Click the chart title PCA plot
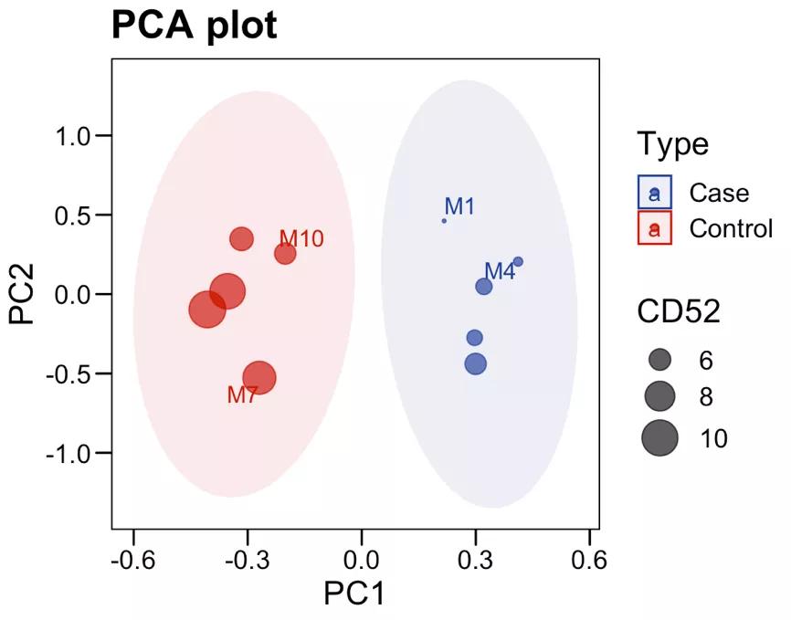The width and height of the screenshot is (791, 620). (x=194, y=26)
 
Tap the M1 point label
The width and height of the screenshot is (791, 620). (x=459, y=206)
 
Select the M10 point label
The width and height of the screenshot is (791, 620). (x=301, y=239)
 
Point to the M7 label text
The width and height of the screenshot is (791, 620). (x=242, y=395)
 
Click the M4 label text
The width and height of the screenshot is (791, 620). (x=500, y=271)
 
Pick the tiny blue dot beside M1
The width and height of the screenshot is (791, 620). (x=444, y=221)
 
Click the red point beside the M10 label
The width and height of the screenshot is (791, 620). (x=285, y=254)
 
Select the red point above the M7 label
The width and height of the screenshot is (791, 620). (x=259, y=377)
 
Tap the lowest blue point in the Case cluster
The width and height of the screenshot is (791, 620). (x=475, y=363)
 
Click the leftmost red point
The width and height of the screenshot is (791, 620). (x=207, y=309)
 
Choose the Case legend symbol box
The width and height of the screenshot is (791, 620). (x=655, y=193)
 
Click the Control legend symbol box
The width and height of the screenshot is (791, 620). (x=655, y=227)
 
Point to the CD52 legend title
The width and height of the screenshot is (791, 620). (x=679, y=312)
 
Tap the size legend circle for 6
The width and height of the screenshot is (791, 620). (x=660, y=359)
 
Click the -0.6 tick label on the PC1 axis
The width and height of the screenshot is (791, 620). (x=133, y=558)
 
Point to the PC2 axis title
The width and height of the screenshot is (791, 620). (x=22, y=294)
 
